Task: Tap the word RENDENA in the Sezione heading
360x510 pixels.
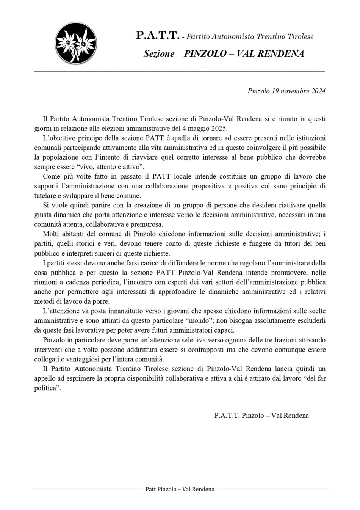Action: click(281, 54)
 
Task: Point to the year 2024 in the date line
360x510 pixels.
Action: click(318, 91)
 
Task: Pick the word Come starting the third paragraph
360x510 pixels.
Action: click(51, 176)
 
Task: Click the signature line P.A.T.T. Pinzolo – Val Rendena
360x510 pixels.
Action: click(261, 415)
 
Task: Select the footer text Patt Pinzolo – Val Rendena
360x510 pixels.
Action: click(180, 489)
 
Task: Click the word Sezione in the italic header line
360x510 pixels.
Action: click(159, 54)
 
